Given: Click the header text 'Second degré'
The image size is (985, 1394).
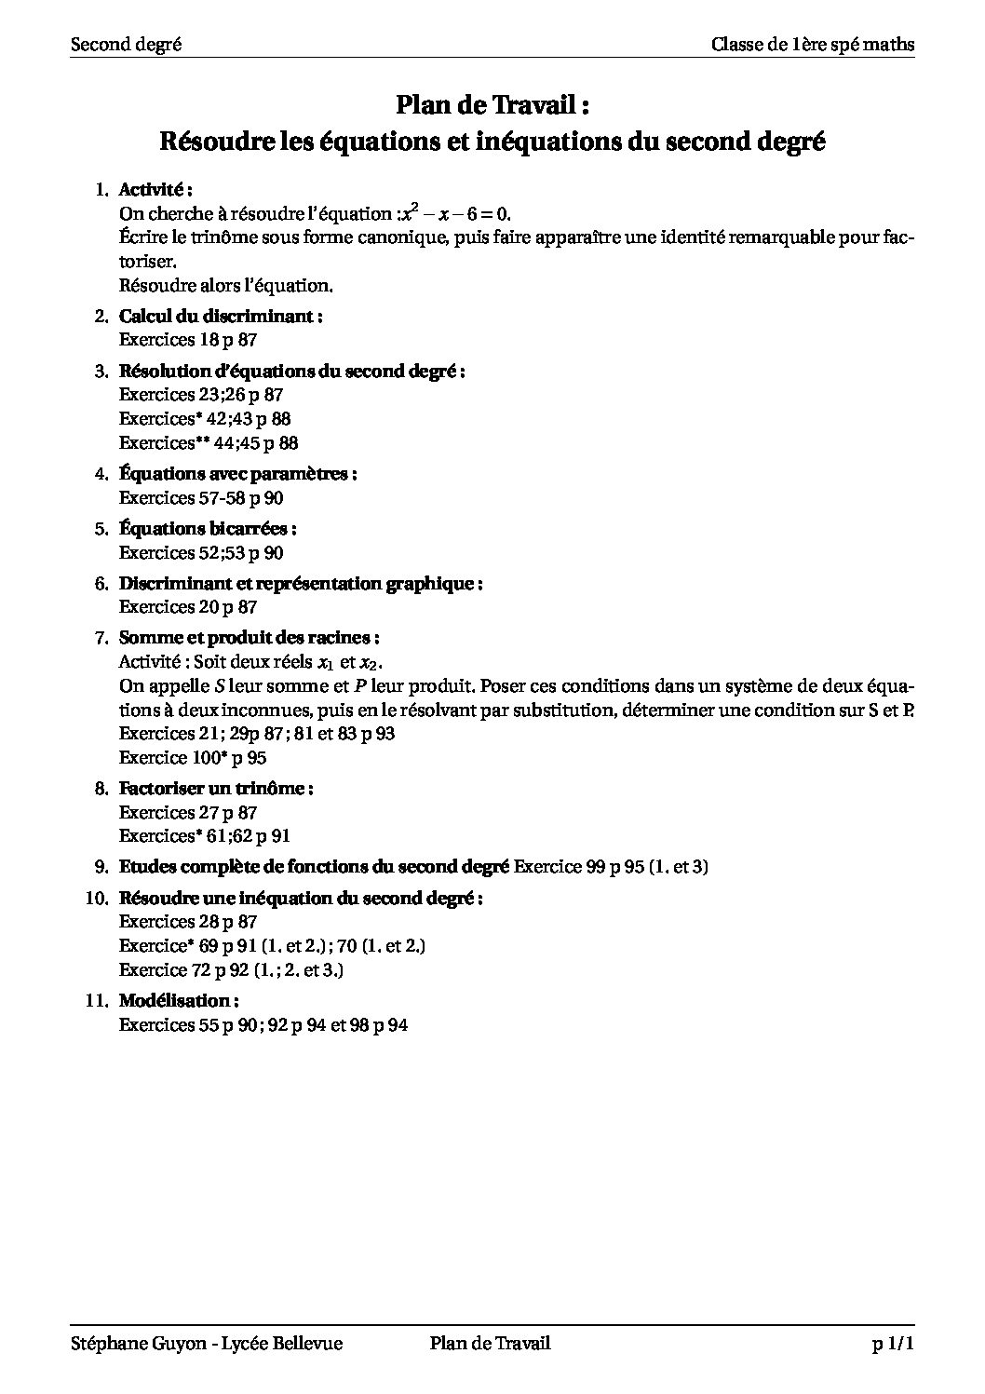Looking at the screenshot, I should point(126,44).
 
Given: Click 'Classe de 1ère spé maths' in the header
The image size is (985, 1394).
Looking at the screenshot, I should point(812,44).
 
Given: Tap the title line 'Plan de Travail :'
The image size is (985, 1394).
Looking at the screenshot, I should point(492,105).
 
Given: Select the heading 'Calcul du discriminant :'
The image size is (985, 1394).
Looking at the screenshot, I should point(221,316).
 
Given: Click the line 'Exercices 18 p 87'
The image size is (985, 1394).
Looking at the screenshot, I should point(188,340).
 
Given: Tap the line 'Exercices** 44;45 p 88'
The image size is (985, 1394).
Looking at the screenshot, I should point(209,443).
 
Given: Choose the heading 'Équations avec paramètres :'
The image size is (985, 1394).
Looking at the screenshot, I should point(238,474).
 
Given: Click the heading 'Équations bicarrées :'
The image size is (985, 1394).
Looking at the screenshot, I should point(208,529).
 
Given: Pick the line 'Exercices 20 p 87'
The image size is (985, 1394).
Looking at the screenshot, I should point(188,607).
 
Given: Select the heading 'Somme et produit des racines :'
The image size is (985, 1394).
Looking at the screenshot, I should point(249,639).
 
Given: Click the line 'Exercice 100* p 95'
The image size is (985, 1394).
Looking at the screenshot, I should point(193,758).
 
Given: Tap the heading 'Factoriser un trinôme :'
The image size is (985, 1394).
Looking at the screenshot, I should point(216,789).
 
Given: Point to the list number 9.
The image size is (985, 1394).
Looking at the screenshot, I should point(102,867).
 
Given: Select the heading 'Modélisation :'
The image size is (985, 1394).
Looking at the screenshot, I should point(179,1001).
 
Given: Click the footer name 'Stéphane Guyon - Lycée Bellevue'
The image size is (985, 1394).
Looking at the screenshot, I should point(207,1344).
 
